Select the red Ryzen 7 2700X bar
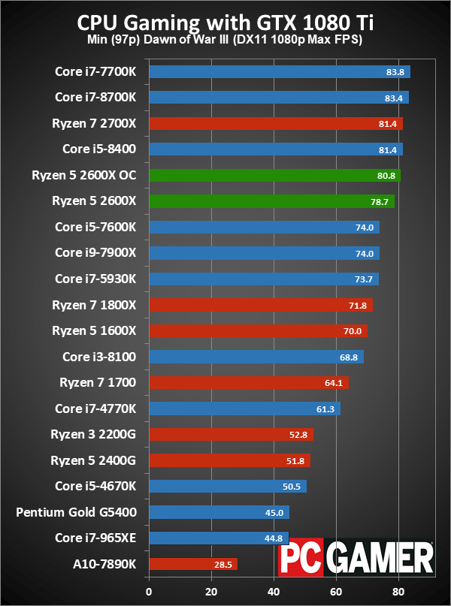click(x=276, y=123)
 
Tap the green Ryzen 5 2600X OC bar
click(x=274, y=175)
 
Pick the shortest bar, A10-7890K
click(x=193, y=564)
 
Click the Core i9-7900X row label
click(x=95, y=253)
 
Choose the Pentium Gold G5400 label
click(x=76, y=512)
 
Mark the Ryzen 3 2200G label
click(x=93, y=434)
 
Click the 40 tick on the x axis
click(x=274, y=590)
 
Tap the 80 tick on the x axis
click(x=398, y=590)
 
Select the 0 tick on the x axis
click(x=150, y=590)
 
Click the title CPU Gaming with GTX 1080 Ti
click(x=225, y=23)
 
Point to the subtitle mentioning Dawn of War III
click(x=225, y=40)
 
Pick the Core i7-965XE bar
click(x=209, y=538)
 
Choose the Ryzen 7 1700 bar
click(x=249, y=383)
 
